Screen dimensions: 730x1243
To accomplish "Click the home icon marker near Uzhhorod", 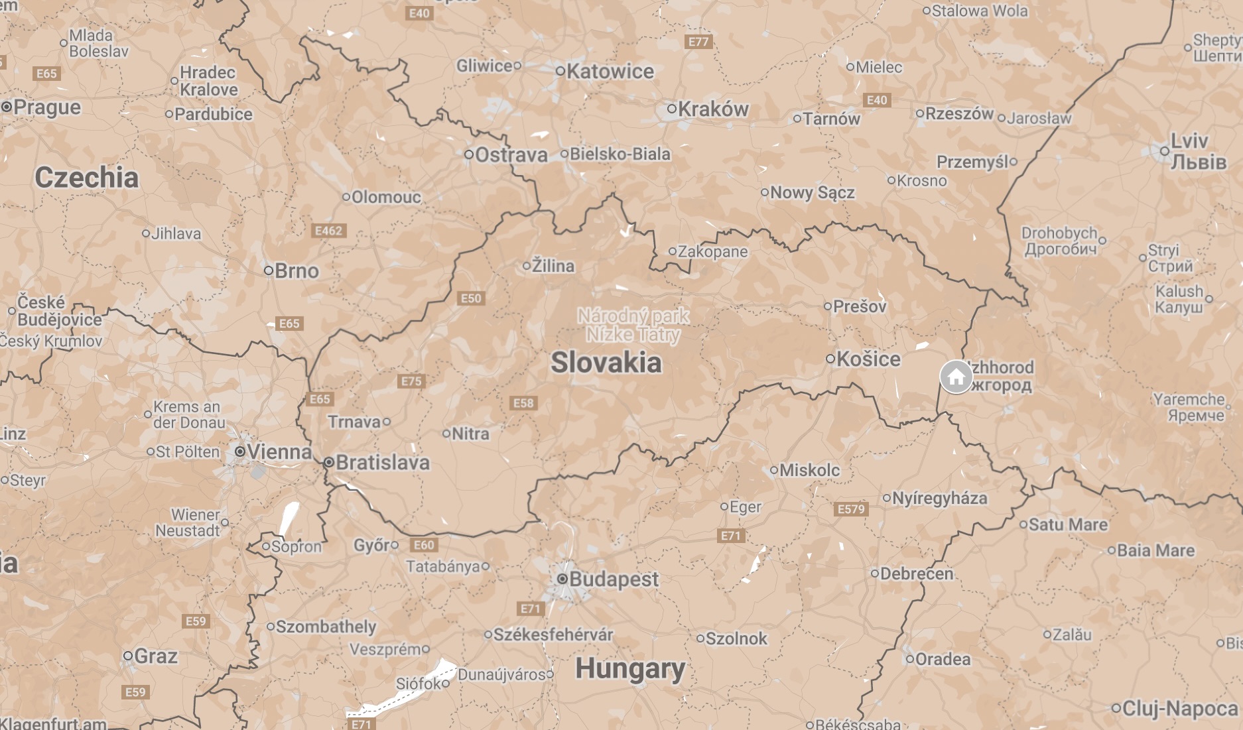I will pyautogui.click(x=956, y=377).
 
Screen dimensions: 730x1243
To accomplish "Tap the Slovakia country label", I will pyautogui.click(x=606, y=363).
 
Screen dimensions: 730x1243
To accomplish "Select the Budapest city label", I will pyautogui.click(x=613, y=579).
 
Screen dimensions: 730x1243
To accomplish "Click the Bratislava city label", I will pyautogui.click(x=382, y=462).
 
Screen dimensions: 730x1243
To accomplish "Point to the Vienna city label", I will pyautogui.click(x=278, y=452).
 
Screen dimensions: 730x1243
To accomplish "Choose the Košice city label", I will pyautogui.click(x=868, y=359).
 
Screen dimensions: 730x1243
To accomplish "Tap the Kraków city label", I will pyautogui.click(x=712, y=109).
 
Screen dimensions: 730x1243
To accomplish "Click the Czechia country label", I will pyautogui.click(x=86, y=178).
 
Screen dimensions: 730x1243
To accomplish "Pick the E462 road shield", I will pyautogui.click(x=328, y=231).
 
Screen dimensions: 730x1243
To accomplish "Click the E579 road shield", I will pyautogui.click(x=851, y=509).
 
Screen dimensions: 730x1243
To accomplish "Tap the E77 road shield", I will pyautogui.click(x=698, y=42).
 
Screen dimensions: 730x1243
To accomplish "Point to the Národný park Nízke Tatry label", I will pyautogui.click(x=633, y=325).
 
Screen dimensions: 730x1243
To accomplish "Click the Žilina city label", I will pyautogui.click(x=553, y=266).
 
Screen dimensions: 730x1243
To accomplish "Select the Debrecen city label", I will pyautogui.click(x=916, y=574).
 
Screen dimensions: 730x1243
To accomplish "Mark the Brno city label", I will pyautogui.click(x=296, y=271).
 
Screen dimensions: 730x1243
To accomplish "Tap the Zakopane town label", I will pyautogui.click(x=712, y=251).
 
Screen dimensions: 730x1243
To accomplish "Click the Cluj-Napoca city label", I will pyautogui.click(x=1179, y=708).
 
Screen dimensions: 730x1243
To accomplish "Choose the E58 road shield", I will pyautogui.click(x=523, y=403).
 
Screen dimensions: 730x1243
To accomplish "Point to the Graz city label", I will pyautogui.click(x=155, y=656).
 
